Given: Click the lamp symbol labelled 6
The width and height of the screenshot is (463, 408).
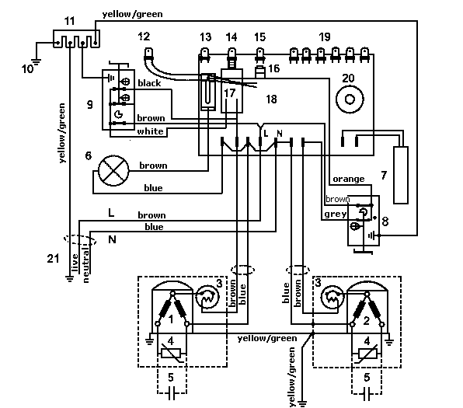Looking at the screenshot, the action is pyautogui.click(x=113, y=171).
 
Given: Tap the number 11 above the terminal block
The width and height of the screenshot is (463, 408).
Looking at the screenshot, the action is pyautogui.click(x=70, y=21).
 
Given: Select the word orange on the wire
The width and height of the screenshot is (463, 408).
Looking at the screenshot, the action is pyautogui.click(x=349, y=179).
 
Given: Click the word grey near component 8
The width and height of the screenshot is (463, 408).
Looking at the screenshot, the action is pyautogui.click(x=335, y=214).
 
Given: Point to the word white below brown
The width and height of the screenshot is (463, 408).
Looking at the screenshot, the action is pyautogui.click(x=150, y=131).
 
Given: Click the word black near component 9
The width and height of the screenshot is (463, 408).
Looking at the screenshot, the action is pyautogui.click(x=149, y=83).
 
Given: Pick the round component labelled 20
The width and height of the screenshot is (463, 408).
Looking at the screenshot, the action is pyautogui.click(x=350, y=99).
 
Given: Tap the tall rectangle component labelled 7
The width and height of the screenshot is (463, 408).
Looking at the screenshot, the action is pyautogui.click(x=401, y=175).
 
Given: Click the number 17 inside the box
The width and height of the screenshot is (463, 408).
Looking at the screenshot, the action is pyautogui.click(x=229, y=93).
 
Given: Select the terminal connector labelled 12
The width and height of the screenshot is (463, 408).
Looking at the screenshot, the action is pyautogui.click(x=148, y=54).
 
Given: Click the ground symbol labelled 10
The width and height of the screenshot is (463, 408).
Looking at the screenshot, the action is pyautogui.click(x=37, y=62).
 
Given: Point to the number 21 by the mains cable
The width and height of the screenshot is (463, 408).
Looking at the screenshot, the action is pyautogui.click(x=53, y=259).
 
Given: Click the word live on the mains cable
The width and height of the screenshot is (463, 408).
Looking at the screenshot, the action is pyautogui.click(x=75, y=263).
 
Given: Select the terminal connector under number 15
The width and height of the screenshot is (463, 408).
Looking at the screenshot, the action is pyautogui.click(x=259, y=55).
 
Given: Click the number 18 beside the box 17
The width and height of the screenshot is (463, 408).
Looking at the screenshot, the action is pyautogui.click(x=272, y=99).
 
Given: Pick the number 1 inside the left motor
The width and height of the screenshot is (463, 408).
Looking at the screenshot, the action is pyautogui.click(x=171, y=319).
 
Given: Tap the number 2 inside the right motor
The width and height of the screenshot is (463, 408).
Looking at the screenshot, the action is pyautogui.click(x=367, y=320).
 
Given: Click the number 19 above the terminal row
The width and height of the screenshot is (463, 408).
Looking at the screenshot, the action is pyautogui.click(x=325, y=37).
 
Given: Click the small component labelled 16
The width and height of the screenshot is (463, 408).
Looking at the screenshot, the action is pyautogui.click(x=259, y=72).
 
